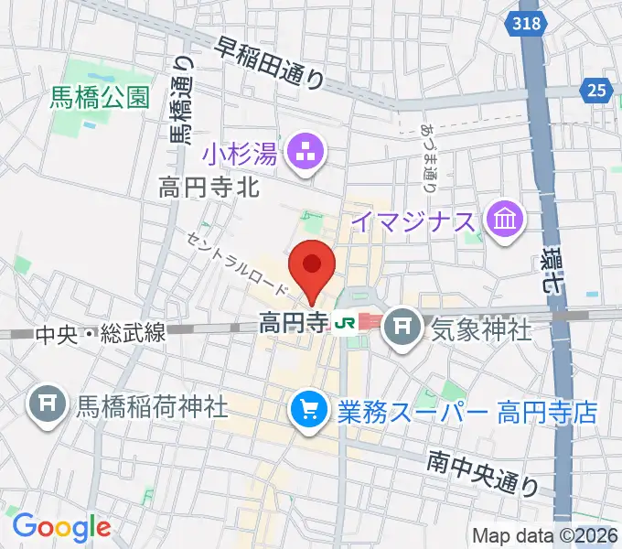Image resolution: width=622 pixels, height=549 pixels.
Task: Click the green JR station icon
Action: [x=346, y=322]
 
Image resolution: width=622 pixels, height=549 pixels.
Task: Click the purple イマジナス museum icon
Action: [x=505, y=221]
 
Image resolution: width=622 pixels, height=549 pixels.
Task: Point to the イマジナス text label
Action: [x=413, y=221]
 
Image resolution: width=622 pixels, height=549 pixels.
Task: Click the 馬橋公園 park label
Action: [x=101, y=99]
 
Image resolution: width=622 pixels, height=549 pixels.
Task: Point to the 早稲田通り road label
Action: [x=270, y=62]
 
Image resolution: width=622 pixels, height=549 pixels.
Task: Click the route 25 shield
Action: [x=595, y=89]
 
